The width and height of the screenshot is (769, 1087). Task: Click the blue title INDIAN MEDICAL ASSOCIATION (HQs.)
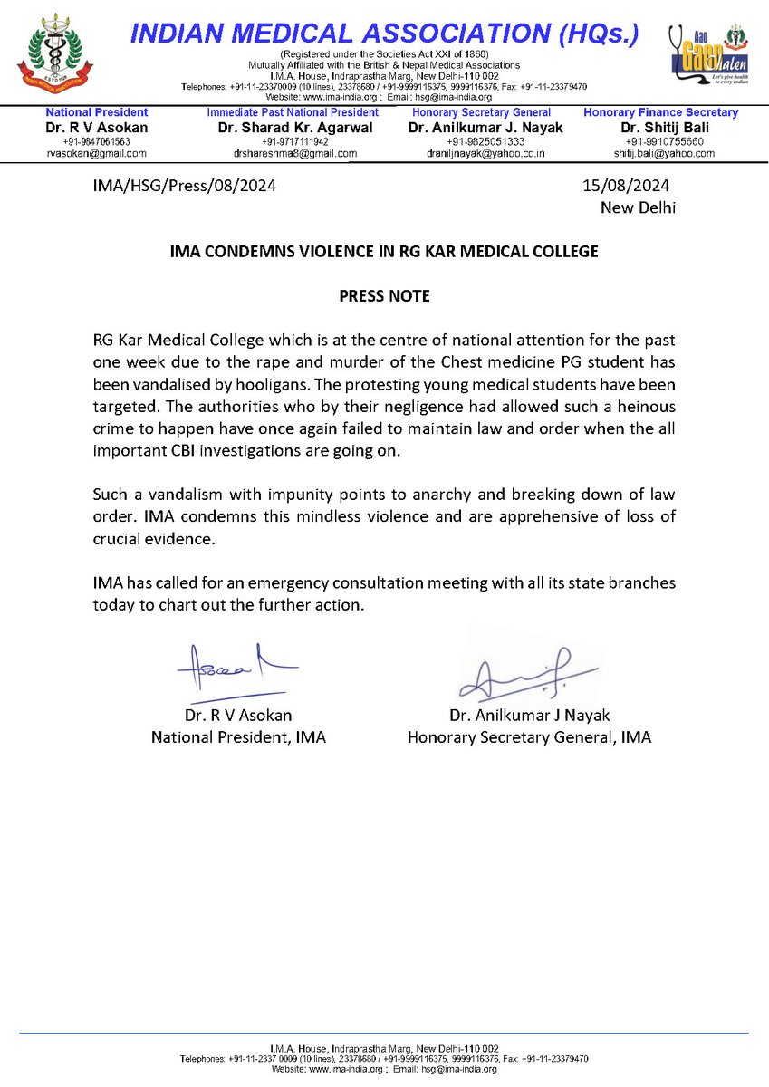386,34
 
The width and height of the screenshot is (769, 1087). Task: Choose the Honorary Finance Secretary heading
660,112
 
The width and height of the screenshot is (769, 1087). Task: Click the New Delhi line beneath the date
638,207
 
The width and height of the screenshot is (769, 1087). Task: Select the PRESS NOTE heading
384,296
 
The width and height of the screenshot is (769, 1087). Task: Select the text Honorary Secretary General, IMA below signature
528,737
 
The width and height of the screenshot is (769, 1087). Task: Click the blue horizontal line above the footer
384,1033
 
